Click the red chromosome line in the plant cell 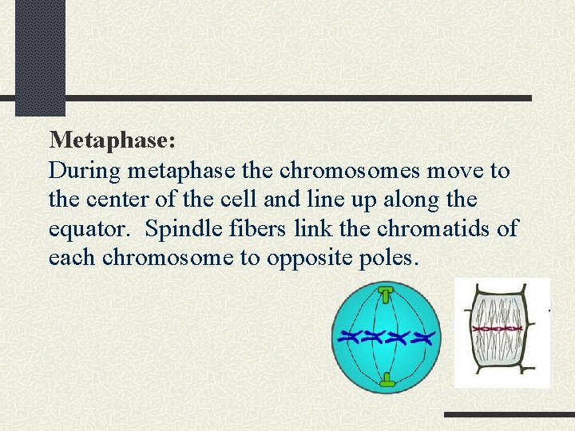[x=497, y=328]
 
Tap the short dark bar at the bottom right [x=509, y=414]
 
